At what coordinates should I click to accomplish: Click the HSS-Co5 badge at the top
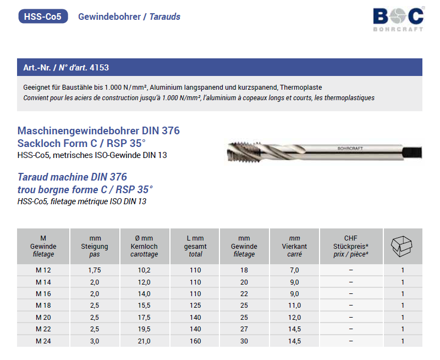pyautogui.click(x=43, y=17)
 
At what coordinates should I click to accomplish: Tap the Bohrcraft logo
pyautogui.click(x=398, y=19)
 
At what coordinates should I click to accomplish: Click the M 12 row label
pyautogui.click(x=43, y=270)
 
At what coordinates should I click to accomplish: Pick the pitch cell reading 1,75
pyautogui.click(x=95, y=270)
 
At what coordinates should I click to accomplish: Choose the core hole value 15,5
pyautogui.click(x=144, y=306)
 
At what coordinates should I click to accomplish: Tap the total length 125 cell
pyautogui.click(x=195, y=306)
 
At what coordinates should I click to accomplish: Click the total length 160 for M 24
pyautogui.click(x=195, y=341)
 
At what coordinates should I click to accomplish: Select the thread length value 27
pyautogui.click(x=244, y=329)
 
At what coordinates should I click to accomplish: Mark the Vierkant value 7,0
pyautogui.click(x=294, y=270)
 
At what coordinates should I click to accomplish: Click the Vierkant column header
pyautogui.click(x=294, y=246)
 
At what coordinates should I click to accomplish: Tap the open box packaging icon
pyautogui.click(x=403, y=246)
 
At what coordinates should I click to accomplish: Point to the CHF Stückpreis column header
pyautogui.click(x=350, y=246)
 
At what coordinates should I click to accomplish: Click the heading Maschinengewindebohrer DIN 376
pyautogui.click(x=99, y=132)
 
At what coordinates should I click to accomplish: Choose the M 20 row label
pyautogui.click(x=43, y=318)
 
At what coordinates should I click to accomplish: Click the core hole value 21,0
pyautogui.click(x=144, y=341)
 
